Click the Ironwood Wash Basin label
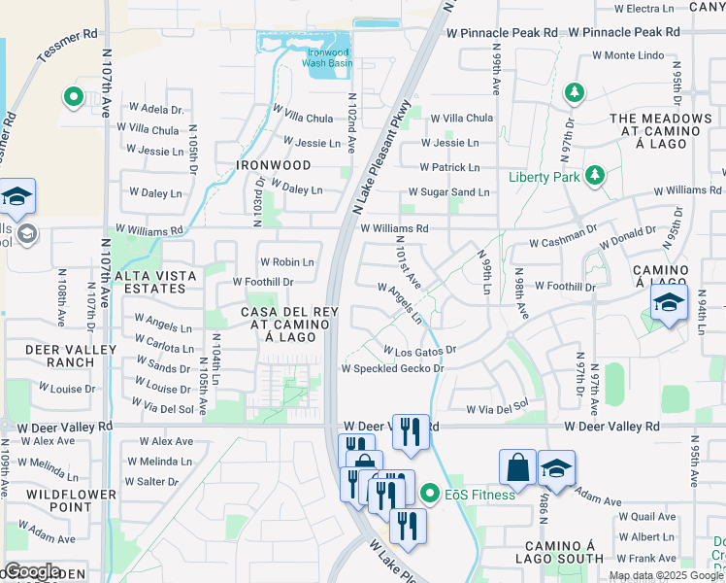pos(326,56)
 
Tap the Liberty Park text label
pos(544,177)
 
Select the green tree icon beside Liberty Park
pos(591,176)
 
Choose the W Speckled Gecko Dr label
pos(392,368)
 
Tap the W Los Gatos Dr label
pos(419,349)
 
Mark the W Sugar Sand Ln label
pos(454,192)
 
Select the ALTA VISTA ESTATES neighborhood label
pos(156,282)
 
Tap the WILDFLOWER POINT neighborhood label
pos(58,500)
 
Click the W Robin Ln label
pos(286,262)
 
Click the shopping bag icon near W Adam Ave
pos(517,466)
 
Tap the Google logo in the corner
pos(32,572)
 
